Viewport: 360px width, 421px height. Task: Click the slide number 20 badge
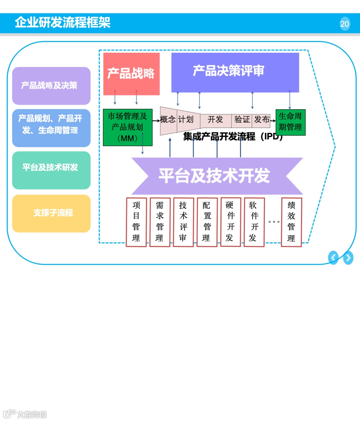pyautogui.click(x=345, y=24)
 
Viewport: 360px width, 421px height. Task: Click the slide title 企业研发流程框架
pyautogui.click(x=63, y=23)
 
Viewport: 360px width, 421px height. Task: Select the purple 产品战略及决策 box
pyautogui.click(x=51, y=86)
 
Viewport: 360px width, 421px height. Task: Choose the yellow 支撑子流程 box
pyautogui.click(x=51, y=213)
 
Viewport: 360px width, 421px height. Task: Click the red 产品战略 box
pyautogui.click(x=131, y=74)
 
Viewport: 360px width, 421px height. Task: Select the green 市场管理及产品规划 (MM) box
pyautogui.click(x=128, y=127)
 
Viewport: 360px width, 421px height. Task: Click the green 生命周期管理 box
pyautogui.click(x=290, y=122)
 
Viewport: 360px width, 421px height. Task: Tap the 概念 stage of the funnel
pyautogui.click(x=168, y=120)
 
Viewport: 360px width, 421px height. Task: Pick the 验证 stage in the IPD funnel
pyautogui.click(x=242, y=120)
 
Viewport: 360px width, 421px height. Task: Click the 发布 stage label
pyautogui.click(x=261, y=120)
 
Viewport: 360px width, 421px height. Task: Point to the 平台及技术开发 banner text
pyautogui.click(x=214, y=176)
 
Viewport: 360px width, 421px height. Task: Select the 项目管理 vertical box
pyautogui.click(x=136, y=222)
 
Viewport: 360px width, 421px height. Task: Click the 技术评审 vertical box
pyautogui.click(x=183, y=222)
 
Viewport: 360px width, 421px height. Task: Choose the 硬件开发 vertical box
pyautogui.click(x=230, y=222)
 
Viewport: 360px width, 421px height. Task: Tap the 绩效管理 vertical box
pyautogui.click(x=291, y=222)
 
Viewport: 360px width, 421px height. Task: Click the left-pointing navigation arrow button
pyautogui.click(x=333, y=258)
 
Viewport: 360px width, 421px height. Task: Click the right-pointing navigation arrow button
pyautogui.click(x=348, y=258)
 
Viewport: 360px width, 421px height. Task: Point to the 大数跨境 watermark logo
pyautogui.click(x=25, y=414)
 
